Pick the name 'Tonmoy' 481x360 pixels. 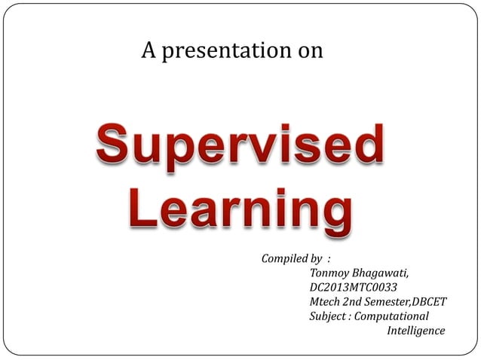(x=328, y=273)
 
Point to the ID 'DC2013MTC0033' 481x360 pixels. (x=353, y=287)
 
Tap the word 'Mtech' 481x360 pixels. (x=325, y=301)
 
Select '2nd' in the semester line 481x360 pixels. (x=354, y=301)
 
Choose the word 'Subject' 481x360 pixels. (x=328, y=316)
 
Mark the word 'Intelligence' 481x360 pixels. (x=415, y=330)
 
